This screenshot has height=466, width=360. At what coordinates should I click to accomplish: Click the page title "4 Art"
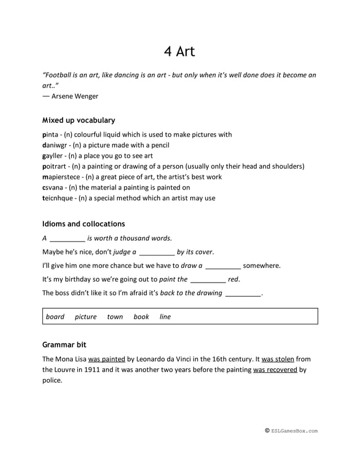(x=179, y=51)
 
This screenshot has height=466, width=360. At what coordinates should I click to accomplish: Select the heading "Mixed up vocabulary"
(x=78, y=120)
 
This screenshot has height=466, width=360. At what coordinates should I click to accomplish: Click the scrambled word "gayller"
(x=54, y=156)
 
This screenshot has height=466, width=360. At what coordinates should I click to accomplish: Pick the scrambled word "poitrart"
(x=55, y=166)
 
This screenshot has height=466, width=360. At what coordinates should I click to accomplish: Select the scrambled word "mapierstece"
(x=60, y=177)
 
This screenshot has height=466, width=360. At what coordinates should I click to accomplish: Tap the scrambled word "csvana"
(x=53, y=187)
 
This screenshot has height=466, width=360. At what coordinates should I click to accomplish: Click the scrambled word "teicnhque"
(x=58, y=198)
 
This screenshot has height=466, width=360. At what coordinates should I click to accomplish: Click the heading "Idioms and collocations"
(x=84, y=224)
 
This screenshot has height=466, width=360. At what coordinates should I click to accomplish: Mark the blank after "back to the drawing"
(x=243, y=293)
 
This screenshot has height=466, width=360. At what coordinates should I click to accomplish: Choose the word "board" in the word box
(x=55, y=316)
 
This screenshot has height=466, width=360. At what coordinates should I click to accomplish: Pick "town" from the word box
(x=115, y=316)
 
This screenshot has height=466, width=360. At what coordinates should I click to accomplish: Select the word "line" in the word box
(x=165, y=316)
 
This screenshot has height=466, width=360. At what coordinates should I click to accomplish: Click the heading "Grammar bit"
(x=64, y=344)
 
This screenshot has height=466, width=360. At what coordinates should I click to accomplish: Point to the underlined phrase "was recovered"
(x=275, y=370)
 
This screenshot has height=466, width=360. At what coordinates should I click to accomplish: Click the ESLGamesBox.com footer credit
(x=291, y=431)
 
